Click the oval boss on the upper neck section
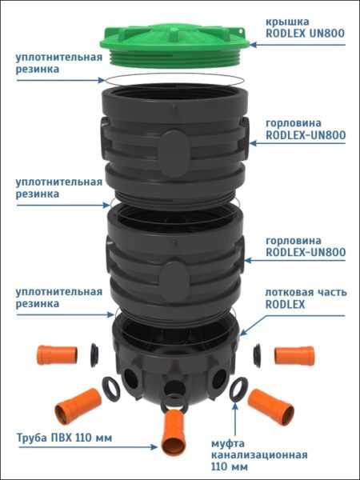click(x=174, y=154)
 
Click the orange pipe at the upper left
click(x=58, y=355)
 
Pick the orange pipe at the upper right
click(x=294, y=356)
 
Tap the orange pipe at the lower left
click(x=78, y=406)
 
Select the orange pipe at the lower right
click(x=271, y=407)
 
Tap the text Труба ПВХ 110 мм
click(x=64, y=438)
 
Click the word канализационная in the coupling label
click(x=259, y=455)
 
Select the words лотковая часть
click(x=306, y=292)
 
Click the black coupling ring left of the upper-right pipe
click(x=257, y=355)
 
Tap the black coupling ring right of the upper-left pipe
click(x=94, y=355)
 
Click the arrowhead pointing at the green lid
click(x=254, y=45)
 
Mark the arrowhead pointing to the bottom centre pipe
click(x=154, y=447)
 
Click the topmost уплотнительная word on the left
click(x=59, y=58)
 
